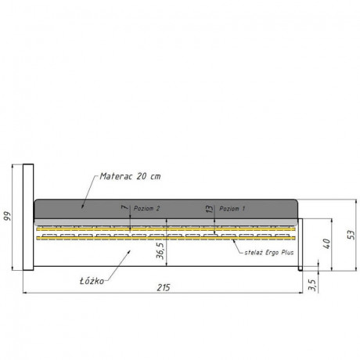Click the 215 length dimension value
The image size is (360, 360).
coord(164,287)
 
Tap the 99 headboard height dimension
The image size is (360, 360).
coord(8,216)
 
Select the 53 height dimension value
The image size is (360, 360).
coord(351,235)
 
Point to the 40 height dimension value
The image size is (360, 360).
coord(326,243)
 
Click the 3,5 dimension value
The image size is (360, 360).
coord(312,285)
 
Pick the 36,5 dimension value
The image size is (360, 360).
coord(160,250)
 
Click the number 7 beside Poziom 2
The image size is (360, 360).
coord(125,207)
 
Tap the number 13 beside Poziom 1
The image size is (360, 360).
coord(209,209)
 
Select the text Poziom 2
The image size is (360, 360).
coord(146,208)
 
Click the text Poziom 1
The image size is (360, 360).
coord(232,208)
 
